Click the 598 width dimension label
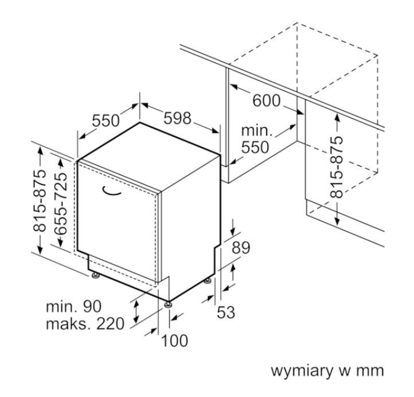[x=177, y=118]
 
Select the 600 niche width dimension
[x=267, y=101]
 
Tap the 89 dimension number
[x=240, y=248]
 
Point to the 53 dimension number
[x=226, y=312]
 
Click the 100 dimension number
[x=174, y=340]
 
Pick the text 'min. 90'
[x=73, y=306]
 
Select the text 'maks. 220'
[x=85, y=323]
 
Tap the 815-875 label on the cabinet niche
[x=337, y=167]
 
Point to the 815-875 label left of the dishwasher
[x=40, y=201]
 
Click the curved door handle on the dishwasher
[x=111, y=191]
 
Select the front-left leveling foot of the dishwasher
[x=95, y=276]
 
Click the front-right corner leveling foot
[x=168, y=305]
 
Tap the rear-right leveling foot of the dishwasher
[x=208, y=280]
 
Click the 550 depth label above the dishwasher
[x=106, y=121]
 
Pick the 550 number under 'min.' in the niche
[x=255, y=147]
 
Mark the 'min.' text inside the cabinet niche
[x=257, y=130]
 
